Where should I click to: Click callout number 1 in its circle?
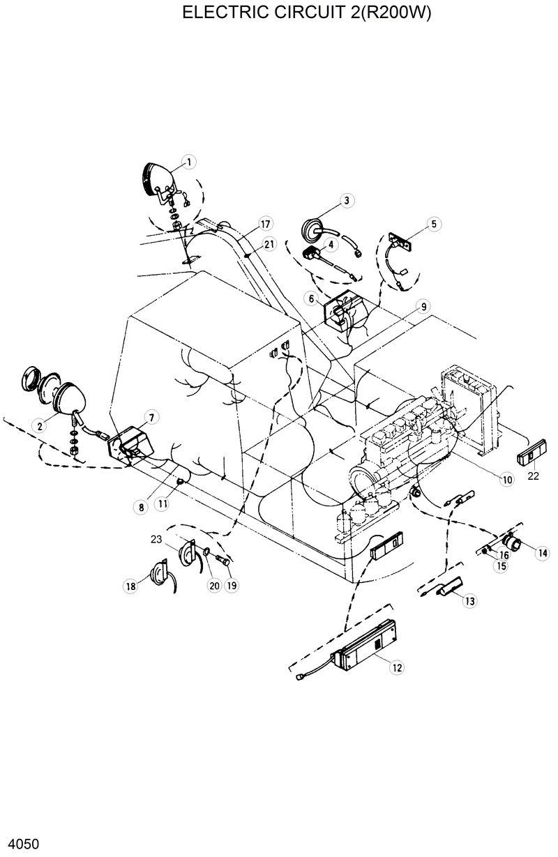tap(188, 162)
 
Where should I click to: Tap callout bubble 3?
tap(346, 201)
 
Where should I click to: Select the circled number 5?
tap(433, 224)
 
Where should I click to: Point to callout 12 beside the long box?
tap(396, 667)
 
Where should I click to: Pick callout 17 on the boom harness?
tap(264, 224)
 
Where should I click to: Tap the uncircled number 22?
tap(533, 476)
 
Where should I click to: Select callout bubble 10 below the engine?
tap(506, 479)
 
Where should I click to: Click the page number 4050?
tap(20, 843)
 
